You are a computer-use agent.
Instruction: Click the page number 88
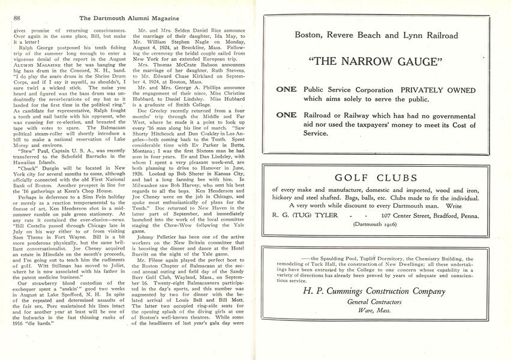coord(16,18)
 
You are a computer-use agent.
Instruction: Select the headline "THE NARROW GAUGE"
coord(380,62)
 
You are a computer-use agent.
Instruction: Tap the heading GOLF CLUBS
coord(380,178)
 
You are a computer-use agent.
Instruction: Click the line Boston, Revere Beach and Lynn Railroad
coord(380,35)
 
